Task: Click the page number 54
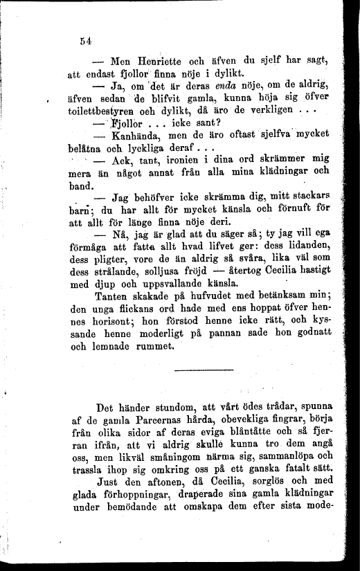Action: tap(87, 41)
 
